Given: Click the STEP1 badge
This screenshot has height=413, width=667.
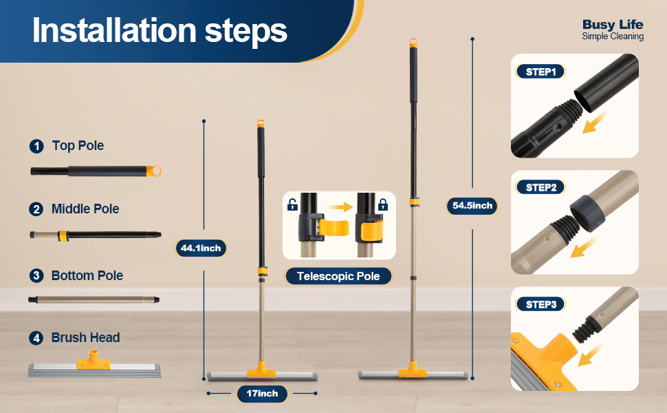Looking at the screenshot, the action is [540, 72].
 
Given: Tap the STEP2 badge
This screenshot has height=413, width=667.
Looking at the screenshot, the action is [540, 187].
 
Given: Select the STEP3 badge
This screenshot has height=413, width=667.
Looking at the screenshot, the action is [540, 304].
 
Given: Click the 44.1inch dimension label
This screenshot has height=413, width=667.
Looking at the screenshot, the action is [201, 248].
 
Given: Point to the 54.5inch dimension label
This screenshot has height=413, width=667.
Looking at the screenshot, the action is [472, 206].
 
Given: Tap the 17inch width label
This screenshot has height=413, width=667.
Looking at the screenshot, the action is [262, 394].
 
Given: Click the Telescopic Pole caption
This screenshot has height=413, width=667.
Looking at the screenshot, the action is [338, 276].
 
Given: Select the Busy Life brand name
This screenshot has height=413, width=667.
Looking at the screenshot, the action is [613, 24].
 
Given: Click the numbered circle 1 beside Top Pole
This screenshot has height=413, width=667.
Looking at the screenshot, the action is [36, 146].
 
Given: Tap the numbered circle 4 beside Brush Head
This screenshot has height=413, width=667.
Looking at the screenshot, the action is [36, 338].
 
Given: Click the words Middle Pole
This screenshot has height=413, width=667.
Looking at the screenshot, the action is [85, 209].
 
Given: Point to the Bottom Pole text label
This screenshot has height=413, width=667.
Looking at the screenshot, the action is [87, 275].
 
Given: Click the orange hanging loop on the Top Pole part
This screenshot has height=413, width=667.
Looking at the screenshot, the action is [154, 171].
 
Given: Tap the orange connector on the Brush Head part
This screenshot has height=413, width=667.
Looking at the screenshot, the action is [94, 360].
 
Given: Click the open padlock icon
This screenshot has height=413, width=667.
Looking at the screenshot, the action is [292, 205].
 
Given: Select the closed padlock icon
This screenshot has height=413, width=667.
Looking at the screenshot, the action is [383, 205].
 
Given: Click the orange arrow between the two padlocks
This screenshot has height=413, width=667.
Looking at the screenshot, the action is [340, 207].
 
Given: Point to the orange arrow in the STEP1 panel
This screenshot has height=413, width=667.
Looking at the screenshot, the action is [595, 123].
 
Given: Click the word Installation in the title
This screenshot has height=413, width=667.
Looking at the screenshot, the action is [114, 30].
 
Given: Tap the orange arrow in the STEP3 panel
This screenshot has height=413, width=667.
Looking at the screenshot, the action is [591, 354].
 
